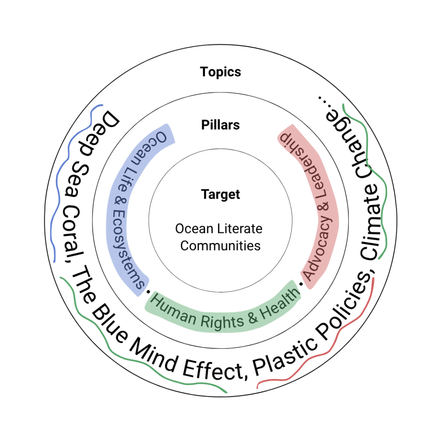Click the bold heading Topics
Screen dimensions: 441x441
click(x=220, y=72)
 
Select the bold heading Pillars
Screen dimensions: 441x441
click(x=220, y=125)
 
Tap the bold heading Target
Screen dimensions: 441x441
click(x=220, y=195)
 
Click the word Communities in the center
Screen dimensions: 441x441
click(x=220, y=246)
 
